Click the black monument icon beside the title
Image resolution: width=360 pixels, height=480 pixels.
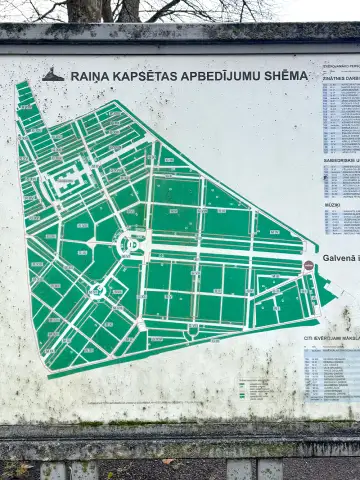[x=53, y=75]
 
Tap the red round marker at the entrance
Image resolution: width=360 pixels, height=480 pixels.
[x=309, y=266]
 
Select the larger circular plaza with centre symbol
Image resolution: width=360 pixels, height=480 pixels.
[x=130, y=243]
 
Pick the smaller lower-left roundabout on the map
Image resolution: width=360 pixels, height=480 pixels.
[x=97, y=291]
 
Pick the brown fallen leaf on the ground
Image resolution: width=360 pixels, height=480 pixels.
[x=168, y=461]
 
